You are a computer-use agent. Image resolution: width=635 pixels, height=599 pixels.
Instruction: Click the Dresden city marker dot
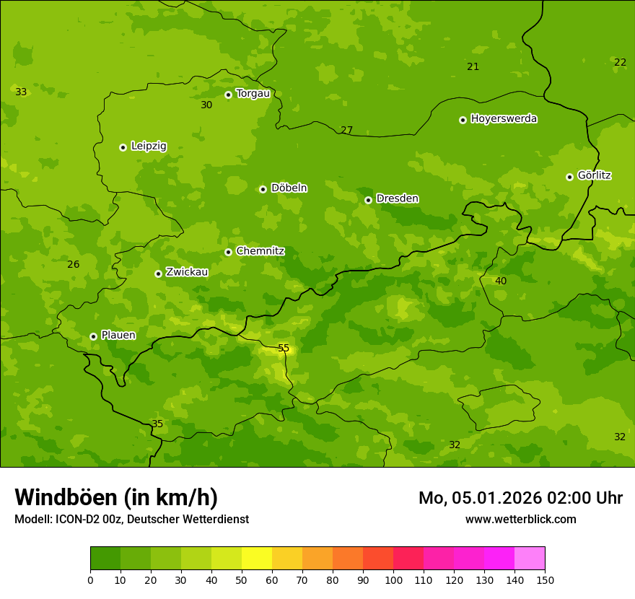(x=368, y=200)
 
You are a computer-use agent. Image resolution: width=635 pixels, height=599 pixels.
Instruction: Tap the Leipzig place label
(x=149, y=146)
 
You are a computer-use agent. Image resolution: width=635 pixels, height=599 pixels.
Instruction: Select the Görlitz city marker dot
(x=569, y=177)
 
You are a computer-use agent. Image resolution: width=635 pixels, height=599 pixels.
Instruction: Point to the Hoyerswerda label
(x=504, y=118)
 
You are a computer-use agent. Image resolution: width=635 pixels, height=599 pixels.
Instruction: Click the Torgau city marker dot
(x=228, y=95)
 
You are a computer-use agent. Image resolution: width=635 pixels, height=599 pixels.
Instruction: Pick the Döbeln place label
(x=289, y=188)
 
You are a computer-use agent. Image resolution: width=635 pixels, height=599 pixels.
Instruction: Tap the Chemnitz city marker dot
(x=228, y=252)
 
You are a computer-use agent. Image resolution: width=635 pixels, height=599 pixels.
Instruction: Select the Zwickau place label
(x=187, y=272)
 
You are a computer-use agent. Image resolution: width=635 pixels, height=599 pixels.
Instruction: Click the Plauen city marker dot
(x=93, y=336)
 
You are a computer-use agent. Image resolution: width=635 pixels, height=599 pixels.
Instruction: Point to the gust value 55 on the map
(x=284, y=349)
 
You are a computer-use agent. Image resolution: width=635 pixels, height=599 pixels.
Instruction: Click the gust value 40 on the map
(x=501, y=281)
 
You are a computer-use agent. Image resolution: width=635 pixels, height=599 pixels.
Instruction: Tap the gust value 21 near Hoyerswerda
(x=473, y=67)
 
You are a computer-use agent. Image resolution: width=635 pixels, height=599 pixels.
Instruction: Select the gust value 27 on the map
(x=346, y=131)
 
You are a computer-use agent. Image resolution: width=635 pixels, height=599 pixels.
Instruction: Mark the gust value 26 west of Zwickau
(x=73, y=264)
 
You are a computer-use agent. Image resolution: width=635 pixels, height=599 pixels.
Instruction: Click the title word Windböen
(x=66, y=497)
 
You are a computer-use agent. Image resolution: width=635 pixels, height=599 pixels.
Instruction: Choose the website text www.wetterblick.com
(x=520, y=519)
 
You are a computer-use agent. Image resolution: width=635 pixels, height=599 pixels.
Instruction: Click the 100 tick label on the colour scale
(x=393, y=580)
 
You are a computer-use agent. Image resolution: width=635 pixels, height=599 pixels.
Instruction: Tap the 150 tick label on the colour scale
(x=545, y=580)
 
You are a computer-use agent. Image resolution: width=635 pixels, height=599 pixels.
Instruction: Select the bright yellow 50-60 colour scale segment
(x=257, y=559)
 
